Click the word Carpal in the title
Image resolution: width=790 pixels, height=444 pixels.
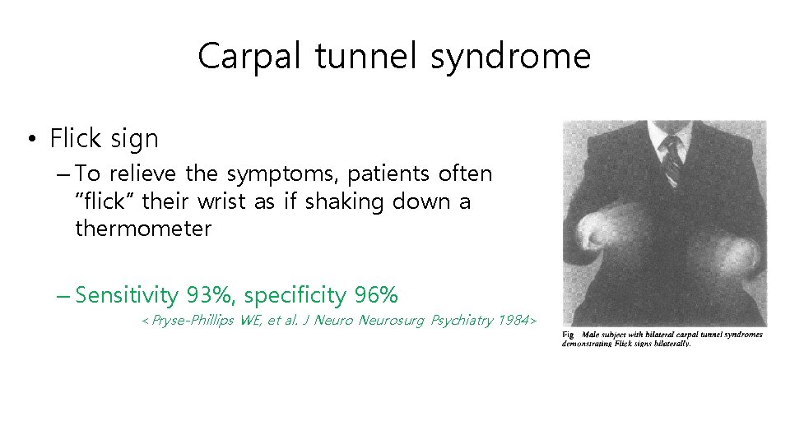pyautogui.click(x=238, y=57)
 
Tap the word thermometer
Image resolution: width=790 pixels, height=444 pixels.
pyautogui.click(x=143, y=229)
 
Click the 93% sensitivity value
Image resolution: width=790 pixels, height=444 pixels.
pyautogui.click(x=211, y=294)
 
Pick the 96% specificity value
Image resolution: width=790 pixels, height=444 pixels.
pyautogui.click(x=376, y=294)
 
